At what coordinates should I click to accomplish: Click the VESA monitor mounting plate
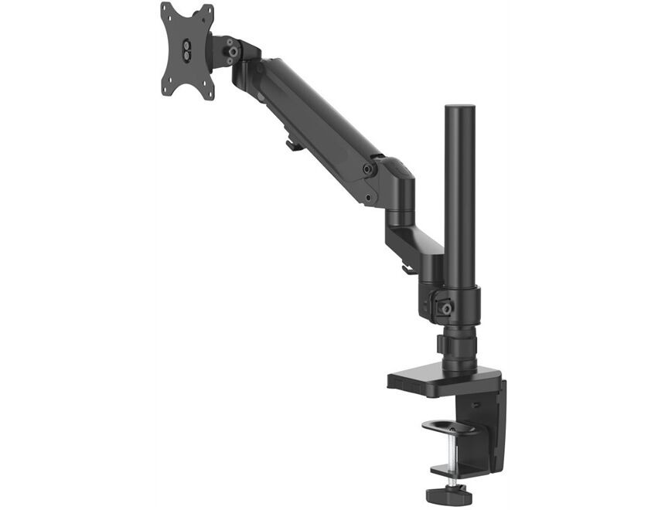[187, 51]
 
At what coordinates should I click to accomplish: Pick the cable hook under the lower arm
[406, 269]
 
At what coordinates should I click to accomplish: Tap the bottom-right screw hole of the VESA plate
[209, 93]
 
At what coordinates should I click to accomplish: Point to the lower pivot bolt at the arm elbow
[370, 198]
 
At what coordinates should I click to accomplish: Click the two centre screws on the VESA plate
[186, 51]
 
